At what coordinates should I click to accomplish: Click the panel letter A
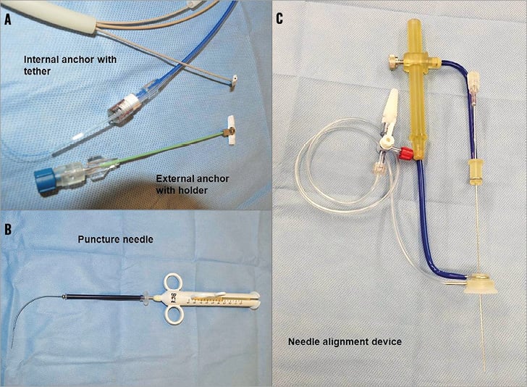9,20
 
